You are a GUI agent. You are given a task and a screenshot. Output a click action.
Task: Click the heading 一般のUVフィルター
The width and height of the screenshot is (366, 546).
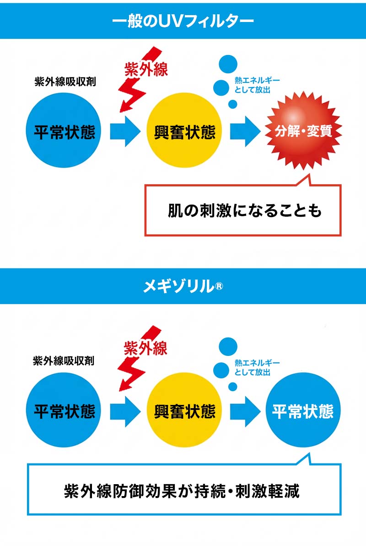coord(183,22)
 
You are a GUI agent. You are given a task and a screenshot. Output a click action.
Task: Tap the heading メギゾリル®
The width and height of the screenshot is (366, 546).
coord(183,286)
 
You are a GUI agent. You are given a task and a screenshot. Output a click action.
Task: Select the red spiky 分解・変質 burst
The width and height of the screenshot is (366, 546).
coord(303,131)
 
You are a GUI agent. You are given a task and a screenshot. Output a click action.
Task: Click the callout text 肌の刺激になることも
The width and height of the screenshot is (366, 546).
coord(245,210)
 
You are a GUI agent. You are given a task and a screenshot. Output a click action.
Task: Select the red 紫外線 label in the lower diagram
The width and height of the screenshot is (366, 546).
coord(145,348)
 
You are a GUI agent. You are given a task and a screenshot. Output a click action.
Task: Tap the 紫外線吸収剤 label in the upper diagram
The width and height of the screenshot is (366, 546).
coord(65,82)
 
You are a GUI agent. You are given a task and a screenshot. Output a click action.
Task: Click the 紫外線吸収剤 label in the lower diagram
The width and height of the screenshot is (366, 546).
coord(64,361)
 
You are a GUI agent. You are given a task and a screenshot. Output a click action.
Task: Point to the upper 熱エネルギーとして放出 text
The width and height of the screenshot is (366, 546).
coord(257,85)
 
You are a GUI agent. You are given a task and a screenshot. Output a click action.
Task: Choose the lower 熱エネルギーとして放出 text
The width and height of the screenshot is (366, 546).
coord(257,367)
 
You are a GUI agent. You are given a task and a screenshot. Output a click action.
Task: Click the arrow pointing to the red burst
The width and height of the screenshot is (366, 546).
coord(245,131)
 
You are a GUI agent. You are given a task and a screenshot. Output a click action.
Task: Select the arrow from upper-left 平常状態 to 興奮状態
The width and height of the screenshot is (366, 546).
coord(125,131)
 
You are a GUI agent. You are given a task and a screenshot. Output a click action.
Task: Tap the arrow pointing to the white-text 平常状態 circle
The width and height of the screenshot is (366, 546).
coord(245,411)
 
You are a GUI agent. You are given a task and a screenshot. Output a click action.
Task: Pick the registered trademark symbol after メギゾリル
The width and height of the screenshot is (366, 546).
coord(219,286)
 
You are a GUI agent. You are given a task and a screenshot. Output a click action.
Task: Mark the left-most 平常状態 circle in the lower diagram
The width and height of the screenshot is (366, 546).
coord(64,410)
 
